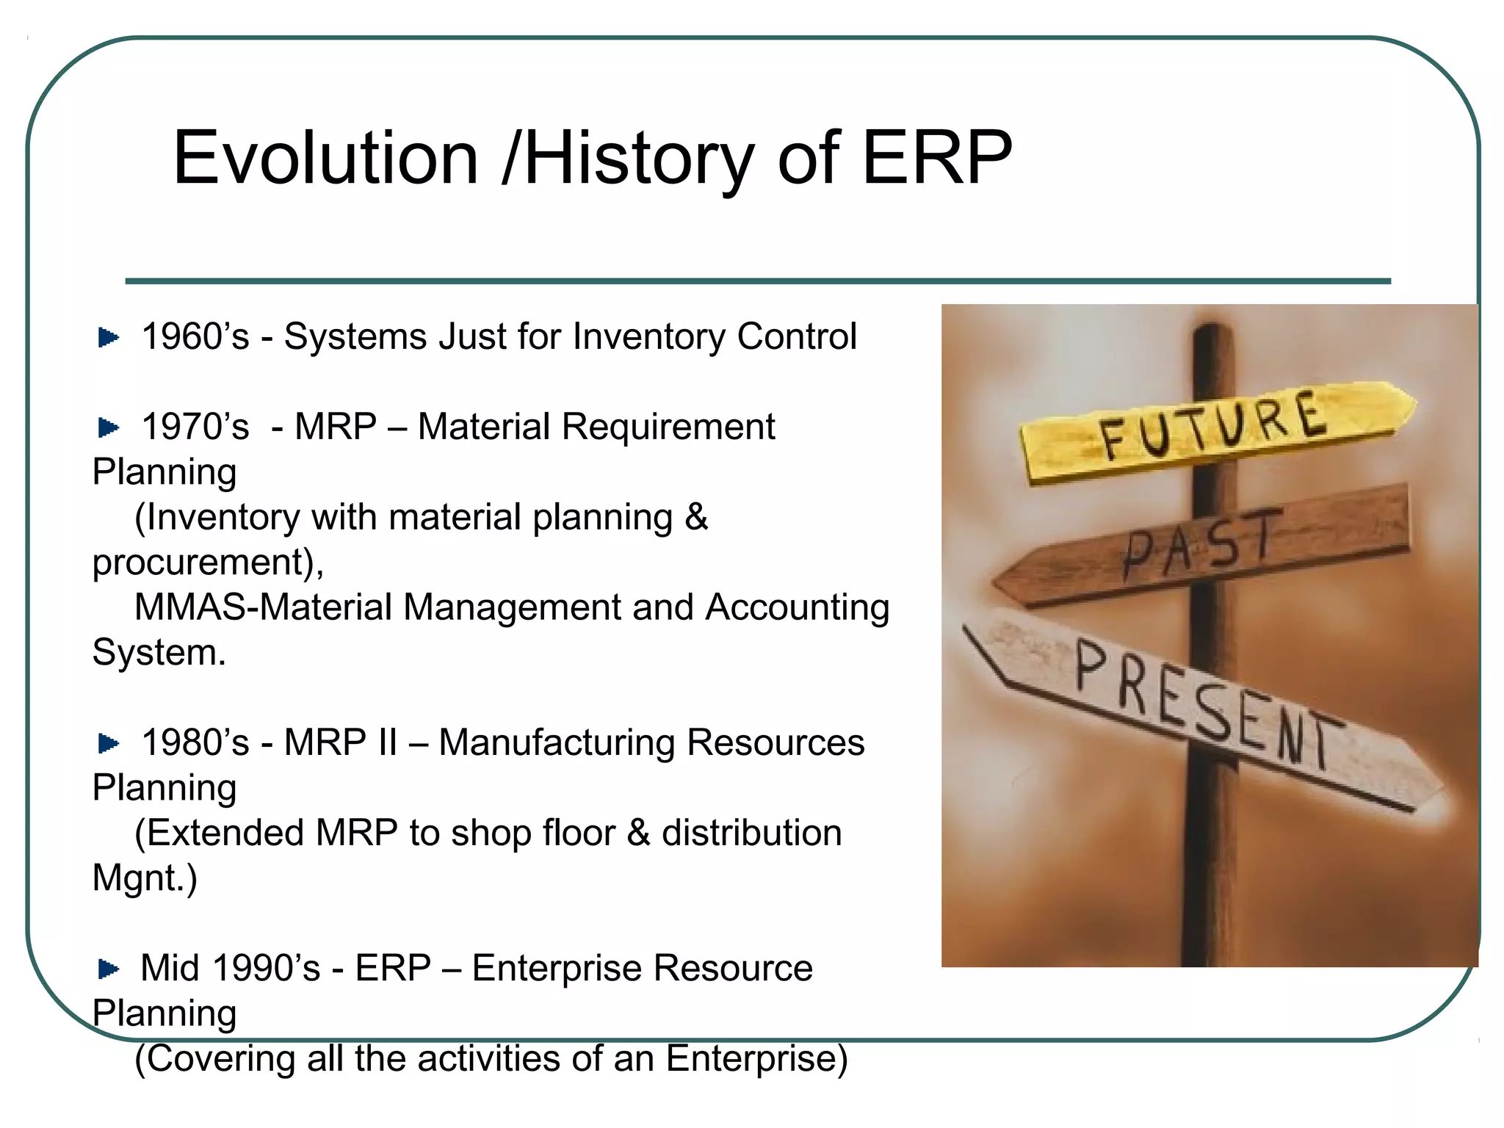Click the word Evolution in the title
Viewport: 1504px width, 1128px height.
tap(325, 158)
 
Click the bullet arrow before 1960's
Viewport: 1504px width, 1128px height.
tap(109, 337)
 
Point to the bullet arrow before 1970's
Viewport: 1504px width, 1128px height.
tap(109, 427)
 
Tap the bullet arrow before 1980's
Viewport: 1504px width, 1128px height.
tap(109, 743)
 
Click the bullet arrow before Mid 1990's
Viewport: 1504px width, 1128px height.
tap(109, 969)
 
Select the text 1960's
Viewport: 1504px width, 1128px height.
tap(195, 337)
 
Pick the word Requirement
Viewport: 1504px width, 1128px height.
tap(668, 427)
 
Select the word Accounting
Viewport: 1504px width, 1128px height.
tap(797, 607)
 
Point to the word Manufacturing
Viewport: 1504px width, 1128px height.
tap(557, 742)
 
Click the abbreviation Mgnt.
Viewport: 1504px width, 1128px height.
tap(144, 878)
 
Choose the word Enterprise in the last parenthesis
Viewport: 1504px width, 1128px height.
tap(756, 1059)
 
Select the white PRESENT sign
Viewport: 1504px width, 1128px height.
tap(1204, 705)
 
